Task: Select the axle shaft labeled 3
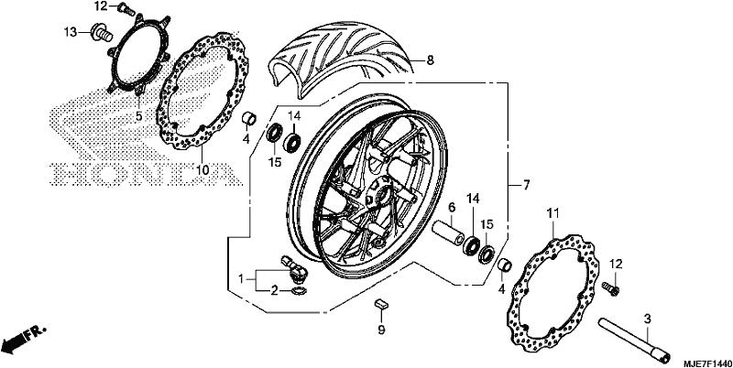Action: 634,339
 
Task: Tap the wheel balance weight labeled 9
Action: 381,304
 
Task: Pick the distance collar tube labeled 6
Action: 448,231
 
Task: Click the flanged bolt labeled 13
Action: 102,32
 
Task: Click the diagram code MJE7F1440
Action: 705,363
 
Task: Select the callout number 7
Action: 526,185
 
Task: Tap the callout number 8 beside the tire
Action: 430,60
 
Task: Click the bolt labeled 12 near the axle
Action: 610,287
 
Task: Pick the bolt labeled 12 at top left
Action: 126,8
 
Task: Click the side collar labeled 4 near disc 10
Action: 249,118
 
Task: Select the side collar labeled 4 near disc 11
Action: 505,265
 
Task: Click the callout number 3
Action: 648,319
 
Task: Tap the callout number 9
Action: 381,330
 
